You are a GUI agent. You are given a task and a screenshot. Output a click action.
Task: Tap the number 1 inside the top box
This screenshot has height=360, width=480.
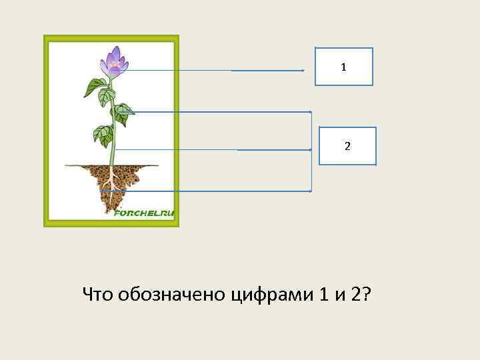tap(343, 67)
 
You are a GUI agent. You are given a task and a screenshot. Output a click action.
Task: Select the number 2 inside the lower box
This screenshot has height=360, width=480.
tap(347, 146)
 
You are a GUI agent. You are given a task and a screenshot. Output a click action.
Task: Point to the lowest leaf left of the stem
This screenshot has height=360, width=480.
tap(103, 135)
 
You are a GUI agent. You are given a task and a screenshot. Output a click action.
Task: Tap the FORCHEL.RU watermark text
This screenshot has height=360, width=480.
tap(144, 213)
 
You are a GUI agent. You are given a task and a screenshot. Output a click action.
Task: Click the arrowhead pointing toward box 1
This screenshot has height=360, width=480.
tap(303, 71)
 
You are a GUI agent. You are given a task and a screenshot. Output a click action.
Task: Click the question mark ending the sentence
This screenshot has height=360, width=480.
tap(367, 293)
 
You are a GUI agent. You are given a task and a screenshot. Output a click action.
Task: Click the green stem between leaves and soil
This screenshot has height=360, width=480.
tap(114, 150)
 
